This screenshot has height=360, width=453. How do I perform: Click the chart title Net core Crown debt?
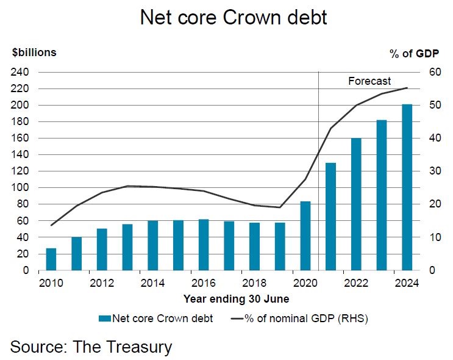(x=234, y=18)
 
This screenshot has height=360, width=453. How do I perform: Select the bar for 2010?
(x=51, y=259)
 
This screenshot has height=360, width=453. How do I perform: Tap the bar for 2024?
(x=407, y=187)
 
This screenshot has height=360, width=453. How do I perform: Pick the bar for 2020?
(x=305, y=236)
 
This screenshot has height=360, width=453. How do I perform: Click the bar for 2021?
(x=331, y=216)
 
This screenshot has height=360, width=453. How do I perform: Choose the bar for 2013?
(x=127, y=247)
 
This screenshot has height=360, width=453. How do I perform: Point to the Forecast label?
(x=369, y=81)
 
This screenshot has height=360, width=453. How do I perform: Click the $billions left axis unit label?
(x=34, y=52)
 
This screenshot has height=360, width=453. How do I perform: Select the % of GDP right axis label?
(x=415, y=54)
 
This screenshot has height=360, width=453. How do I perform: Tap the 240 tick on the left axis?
(x=20, y=72)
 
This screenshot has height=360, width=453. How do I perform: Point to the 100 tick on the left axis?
(x=20, y=187)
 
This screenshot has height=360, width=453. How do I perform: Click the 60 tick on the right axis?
(x=434, y=72)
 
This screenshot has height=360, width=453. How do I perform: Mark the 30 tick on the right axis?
(x=434, y=171)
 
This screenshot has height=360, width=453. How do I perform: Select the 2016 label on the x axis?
(x=204, y=284)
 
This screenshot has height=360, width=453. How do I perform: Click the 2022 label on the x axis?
(x=356, y=284)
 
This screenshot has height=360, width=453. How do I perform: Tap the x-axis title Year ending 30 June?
(x=237, y=299)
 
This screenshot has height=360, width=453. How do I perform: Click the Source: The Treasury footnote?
(x=91, y=347)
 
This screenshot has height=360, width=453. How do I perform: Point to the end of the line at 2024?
(x=407, y=88)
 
